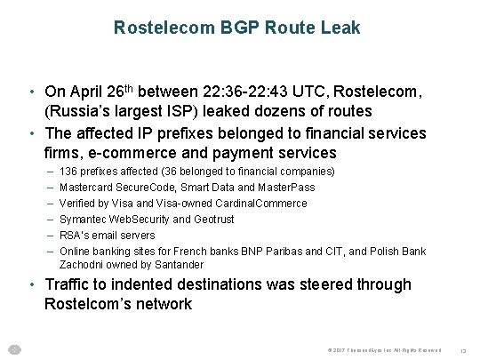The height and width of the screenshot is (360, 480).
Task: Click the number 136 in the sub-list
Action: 68,170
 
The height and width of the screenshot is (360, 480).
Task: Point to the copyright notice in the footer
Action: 376,349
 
